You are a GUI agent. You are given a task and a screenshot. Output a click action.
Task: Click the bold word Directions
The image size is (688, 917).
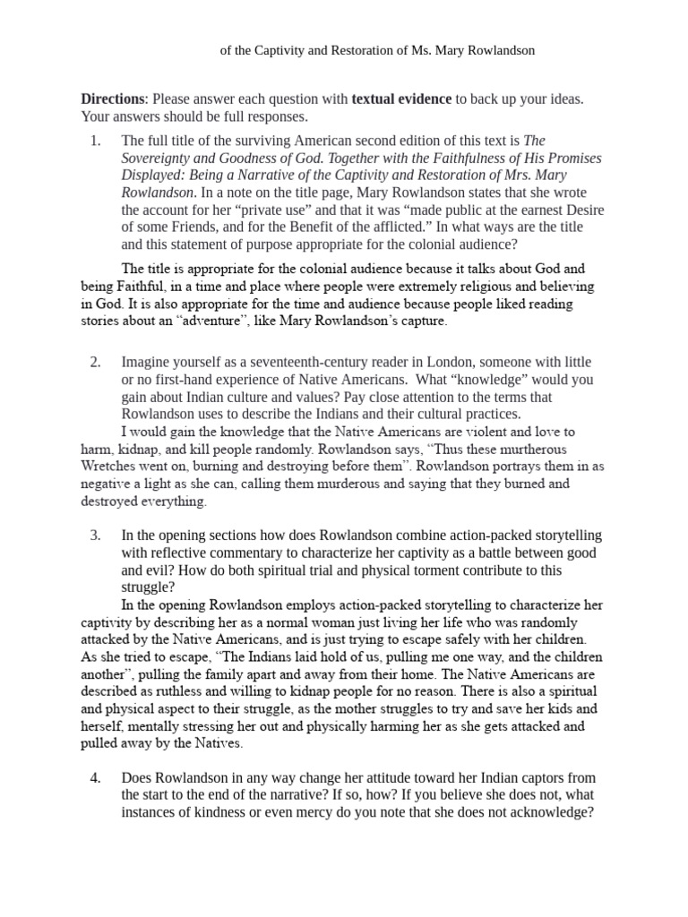[x=112, y=99]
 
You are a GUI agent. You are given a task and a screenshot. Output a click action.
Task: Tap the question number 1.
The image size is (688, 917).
[x=96, y=141]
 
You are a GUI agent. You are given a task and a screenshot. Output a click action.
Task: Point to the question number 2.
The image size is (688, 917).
[x=96, y=362]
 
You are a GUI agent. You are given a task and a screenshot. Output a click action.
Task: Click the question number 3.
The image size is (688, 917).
[x=96, y=536]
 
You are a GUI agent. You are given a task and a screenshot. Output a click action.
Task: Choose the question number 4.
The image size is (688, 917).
[x=96, y=778]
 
